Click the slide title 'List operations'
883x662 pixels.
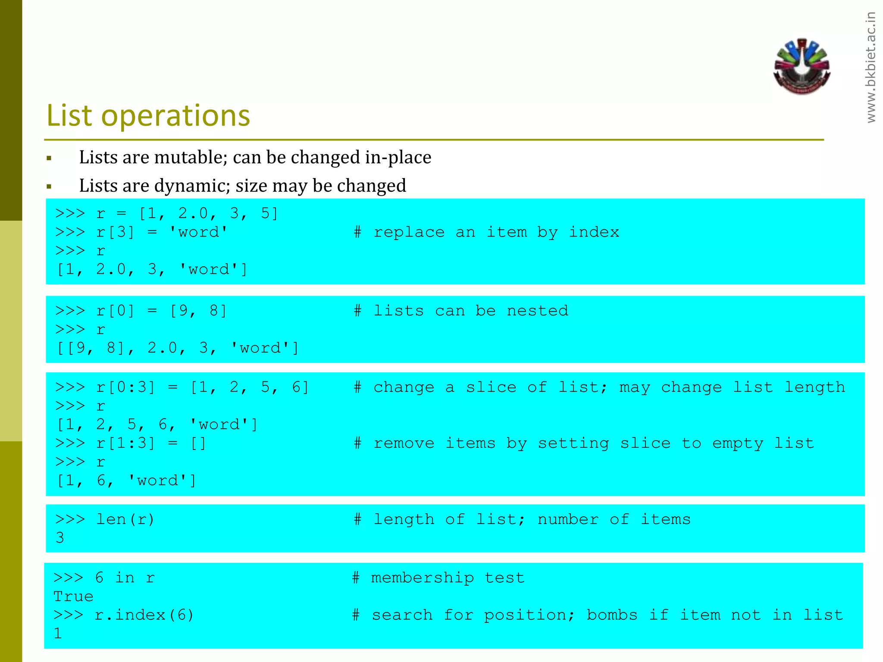148,116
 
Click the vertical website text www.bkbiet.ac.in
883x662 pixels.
871,68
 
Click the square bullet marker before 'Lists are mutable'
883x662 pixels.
49,159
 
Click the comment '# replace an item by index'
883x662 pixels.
486,232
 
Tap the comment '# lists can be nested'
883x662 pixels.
461,311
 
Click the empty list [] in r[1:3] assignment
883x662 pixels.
198,443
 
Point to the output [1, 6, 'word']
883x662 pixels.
126,481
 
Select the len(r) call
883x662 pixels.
125,519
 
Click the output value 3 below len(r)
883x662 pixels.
60,538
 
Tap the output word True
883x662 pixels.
73,596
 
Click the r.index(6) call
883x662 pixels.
144,615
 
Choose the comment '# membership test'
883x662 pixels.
438,578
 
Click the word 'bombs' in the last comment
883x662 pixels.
612,615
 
